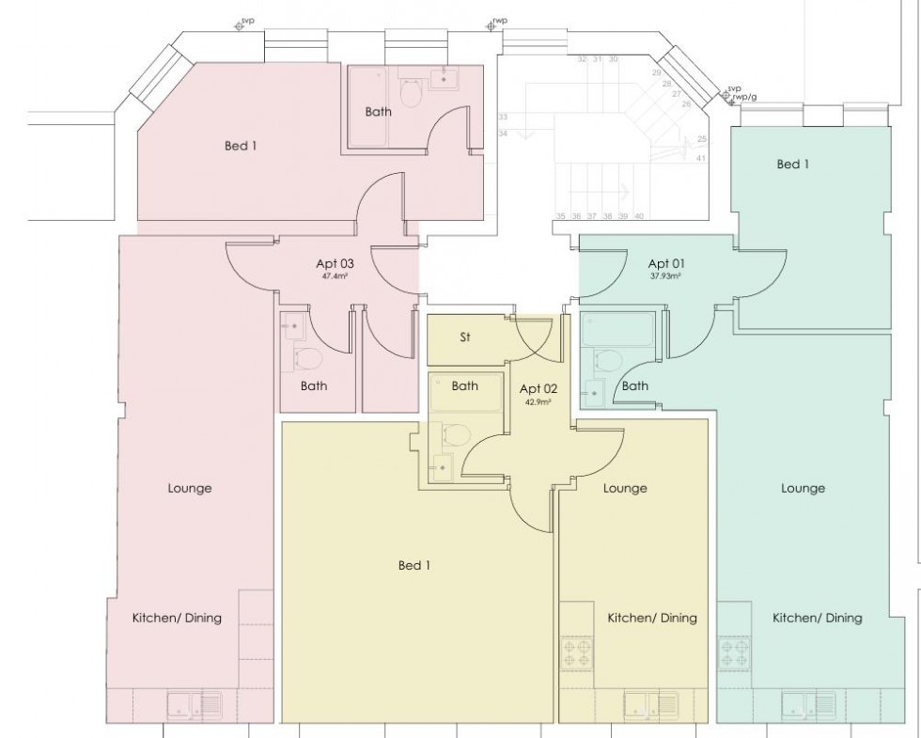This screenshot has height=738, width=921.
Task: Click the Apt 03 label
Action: pyautogui.click(x=335, y=265)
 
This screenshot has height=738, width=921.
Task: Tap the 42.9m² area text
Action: pyautogui.click(x=537, y=401)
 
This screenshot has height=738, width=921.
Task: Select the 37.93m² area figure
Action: pyautogui.click(x=665, y=277)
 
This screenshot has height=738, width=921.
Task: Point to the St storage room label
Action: pyautogui.click(x=465, y=338)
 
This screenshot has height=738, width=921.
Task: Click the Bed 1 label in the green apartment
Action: pyautogui.click(x=792, y=165)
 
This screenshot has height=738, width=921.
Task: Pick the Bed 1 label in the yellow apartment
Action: pyautogui.click(x=414, y=565)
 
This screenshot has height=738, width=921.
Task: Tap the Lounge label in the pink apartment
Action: pyautogui.click(x=189, y=488)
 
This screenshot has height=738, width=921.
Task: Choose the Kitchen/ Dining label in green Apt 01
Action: pyautogui.click(x=817, y=618)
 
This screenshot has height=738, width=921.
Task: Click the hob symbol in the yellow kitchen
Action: pyautogui.click(x=574, y=652)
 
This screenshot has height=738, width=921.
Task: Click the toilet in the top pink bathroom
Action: pyautogui.click(x=411, y=92)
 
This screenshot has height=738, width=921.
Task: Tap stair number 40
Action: pyautogui.click(x=639, y=216)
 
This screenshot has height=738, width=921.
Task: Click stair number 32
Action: pyautogui.click(x=582, y=59)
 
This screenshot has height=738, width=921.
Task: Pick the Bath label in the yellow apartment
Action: pyautogui.click(x=464, y=385)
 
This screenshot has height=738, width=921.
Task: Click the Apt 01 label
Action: pyautogui.click(x=665, y=263)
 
